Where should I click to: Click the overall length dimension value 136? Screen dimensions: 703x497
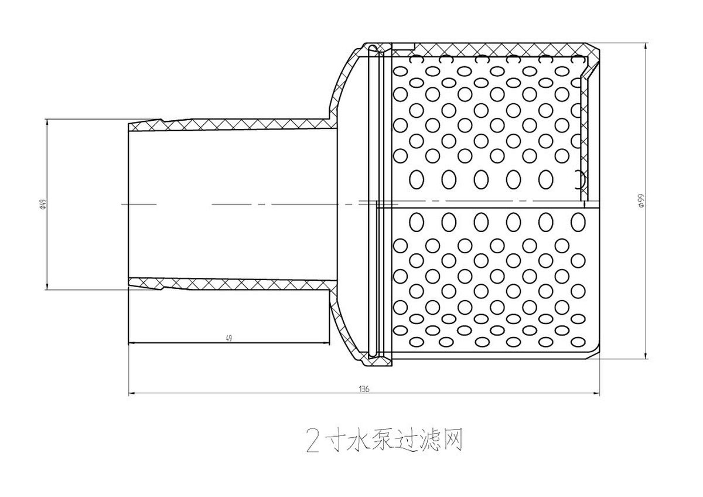click(364, 389)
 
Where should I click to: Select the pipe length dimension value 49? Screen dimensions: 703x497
click(229, 338)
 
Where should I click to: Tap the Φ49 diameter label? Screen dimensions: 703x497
click(43, 205)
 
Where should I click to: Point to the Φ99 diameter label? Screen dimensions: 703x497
click(641, 200)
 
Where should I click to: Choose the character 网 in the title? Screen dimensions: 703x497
click(452, 440)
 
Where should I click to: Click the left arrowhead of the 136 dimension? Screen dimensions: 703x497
click(132, 393)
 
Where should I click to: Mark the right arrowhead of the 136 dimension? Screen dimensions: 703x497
click(596, 393)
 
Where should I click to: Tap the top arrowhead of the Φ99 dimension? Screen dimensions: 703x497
click(646, 46)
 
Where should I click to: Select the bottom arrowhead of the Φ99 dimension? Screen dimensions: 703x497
click(646, 355)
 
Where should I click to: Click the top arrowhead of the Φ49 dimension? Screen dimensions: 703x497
click(47, 122)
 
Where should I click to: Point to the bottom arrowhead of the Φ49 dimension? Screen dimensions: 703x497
click(47, 286)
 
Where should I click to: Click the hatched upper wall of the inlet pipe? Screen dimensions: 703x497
click(232, 124)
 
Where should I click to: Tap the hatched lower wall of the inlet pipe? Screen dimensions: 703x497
click(232, 284)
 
